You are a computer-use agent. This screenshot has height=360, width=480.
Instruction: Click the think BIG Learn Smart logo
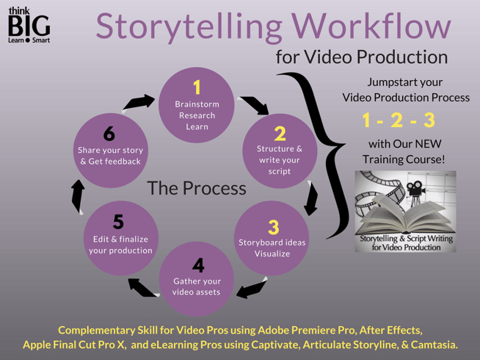point(29,25)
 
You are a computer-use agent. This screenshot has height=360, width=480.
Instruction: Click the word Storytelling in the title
point(189,27)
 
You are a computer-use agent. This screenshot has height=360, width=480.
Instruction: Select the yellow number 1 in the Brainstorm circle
point(197,87)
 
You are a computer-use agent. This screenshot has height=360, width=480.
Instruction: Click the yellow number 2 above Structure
point(280,134)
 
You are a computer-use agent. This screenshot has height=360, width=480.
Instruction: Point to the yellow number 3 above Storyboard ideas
point(273,227)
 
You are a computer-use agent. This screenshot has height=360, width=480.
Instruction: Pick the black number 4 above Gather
point(198,265)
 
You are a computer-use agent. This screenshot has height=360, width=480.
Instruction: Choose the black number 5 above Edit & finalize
point(118,222)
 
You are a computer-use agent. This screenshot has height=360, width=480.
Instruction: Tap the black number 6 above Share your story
point(109,134)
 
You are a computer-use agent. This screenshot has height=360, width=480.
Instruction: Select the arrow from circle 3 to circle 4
point(252,288)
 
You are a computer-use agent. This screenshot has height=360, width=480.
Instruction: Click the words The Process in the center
point(197,188)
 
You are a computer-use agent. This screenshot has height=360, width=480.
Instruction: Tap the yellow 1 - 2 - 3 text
point(399,120)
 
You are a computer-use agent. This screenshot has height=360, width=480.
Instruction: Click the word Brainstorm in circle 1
point(197,104)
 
